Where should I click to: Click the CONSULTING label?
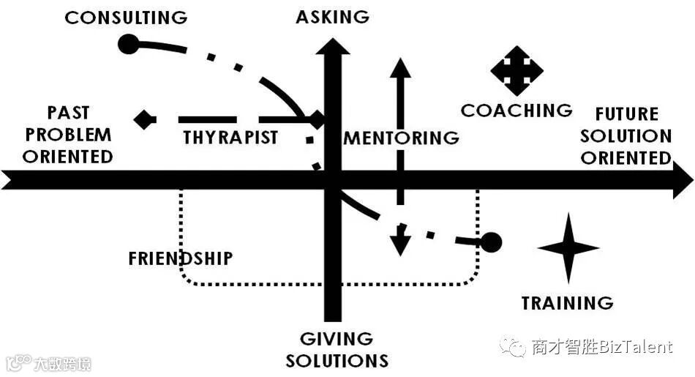pos(126,17)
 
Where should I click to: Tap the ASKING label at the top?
pos(333,17)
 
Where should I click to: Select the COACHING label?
pos(516,111)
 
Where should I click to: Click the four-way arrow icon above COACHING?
pos(516,70)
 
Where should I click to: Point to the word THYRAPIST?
pos(230,137)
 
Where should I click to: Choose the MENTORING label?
pos(402,138)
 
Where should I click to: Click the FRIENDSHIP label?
pos(180,258)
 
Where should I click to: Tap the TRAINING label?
pos(567,302)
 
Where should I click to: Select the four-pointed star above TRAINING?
pos(568,248)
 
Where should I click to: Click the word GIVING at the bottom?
pos(337,339)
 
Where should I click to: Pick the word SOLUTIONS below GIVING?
pos(337,361)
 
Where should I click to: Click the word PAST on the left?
pos(68,113)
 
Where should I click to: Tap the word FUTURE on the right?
pos(626,114)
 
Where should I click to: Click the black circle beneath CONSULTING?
pos(127,45)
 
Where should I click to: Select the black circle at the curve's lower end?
pos(491,242)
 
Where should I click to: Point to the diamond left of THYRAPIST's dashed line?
pos(145,119)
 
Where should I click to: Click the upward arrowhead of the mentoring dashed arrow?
pos(399,67)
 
